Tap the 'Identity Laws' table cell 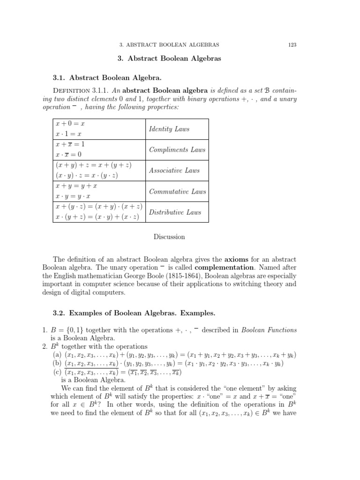point(169,129)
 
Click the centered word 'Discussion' point(169,237)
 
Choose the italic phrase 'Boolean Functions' point(269,330)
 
